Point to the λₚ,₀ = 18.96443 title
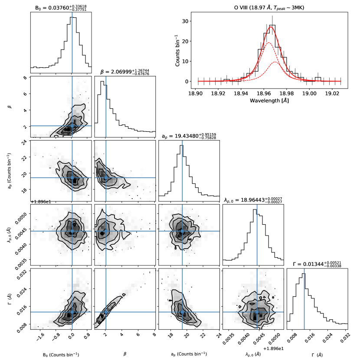(253, 200)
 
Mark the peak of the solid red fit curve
(272, 27)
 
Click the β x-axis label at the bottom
(125, 354)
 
